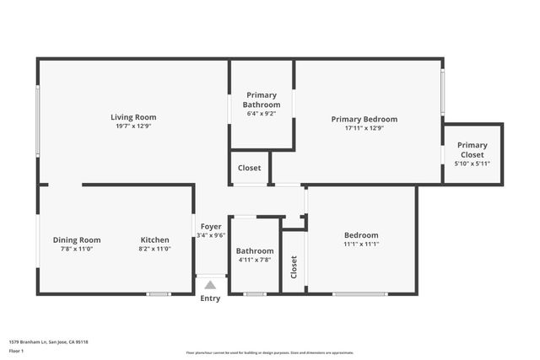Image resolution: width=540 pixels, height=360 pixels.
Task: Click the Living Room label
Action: pos(133,117)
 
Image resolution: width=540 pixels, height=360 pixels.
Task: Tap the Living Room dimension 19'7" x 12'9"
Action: pos(133,126)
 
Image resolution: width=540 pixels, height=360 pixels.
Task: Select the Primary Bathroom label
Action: pos(262,99)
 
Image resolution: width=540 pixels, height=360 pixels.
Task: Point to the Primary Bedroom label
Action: pos(364,119)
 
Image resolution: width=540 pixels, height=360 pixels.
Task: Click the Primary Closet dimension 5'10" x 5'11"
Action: pos(472,164)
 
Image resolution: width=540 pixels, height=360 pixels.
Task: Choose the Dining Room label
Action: pos(77,239)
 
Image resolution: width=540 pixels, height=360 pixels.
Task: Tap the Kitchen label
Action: pos(154,239)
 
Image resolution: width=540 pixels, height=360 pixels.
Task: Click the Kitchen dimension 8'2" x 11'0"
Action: pos(154,249)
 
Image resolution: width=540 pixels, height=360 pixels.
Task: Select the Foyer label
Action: pos(210,226)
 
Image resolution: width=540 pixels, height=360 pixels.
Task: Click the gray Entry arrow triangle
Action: pos(210,286)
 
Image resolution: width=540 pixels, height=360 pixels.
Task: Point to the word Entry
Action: pos(210,298)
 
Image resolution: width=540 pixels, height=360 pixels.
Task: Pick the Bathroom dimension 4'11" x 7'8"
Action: pos(254,260)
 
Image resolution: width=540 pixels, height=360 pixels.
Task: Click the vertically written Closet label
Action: pos(294,267)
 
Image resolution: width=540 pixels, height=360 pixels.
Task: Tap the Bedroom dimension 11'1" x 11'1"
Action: pos(361,244)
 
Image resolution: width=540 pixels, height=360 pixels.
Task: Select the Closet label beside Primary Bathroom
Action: pos(249,168)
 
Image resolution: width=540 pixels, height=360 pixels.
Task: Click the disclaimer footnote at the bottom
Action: pos(270,352)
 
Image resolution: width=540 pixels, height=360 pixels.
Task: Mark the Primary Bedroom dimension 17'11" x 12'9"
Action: pos(364,128)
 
